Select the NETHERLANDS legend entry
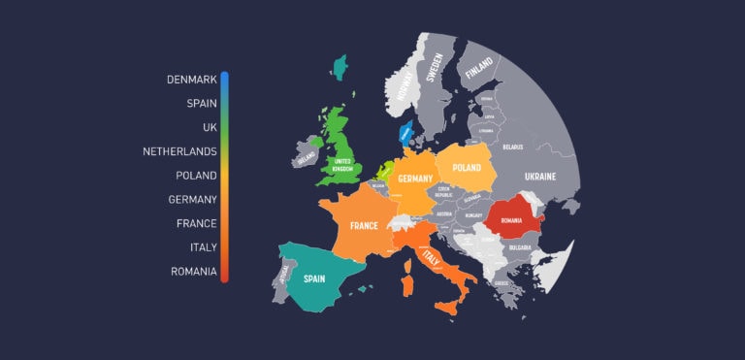(x=179, y=151)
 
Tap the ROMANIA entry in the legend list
(x=193, y=271)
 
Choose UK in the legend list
(x=209, y=127)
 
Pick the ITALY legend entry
(x=203, y=246)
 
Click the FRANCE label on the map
(x=364, y=226)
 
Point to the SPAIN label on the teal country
(x=313, y=278)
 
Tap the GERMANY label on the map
(x=414, y=180)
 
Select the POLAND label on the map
(x=467, y=167)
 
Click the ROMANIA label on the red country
(x=511, y=220)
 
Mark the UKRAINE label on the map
(x=540, y=177)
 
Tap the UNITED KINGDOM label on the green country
(x=341, y=164)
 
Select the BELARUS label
(x=512, y=147)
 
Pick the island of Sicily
(x=447, y=306)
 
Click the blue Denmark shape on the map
(x=405, y=133)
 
